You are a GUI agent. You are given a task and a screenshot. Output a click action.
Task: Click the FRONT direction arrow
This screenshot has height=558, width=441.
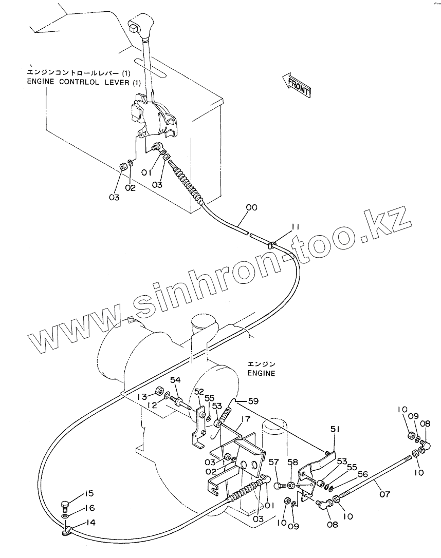coord(297,84)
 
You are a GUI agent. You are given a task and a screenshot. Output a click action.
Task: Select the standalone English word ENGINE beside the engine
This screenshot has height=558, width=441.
coord(261,373)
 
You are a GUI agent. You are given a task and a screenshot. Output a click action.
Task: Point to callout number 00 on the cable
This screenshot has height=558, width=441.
coord(251,207)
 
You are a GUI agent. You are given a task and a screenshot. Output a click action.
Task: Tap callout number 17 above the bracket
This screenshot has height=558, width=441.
coord(245,419)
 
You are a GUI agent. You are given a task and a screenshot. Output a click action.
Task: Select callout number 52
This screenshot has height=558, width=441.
coord(199,392)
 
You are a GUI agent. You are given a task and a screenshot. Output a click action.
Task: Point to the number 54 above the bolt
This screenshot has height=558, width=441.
coord(175,379)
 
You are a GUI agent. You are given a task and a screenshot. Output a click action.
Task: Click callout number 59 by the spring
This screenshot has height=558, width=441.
coord(253,401)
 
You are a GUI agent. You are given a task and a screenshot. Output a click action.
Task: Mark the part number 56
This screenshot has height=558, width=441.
coord(363,475)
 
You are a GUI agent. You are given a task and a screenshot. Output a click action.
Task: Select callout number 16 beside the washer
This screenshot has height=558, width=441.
coord(90,508)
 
